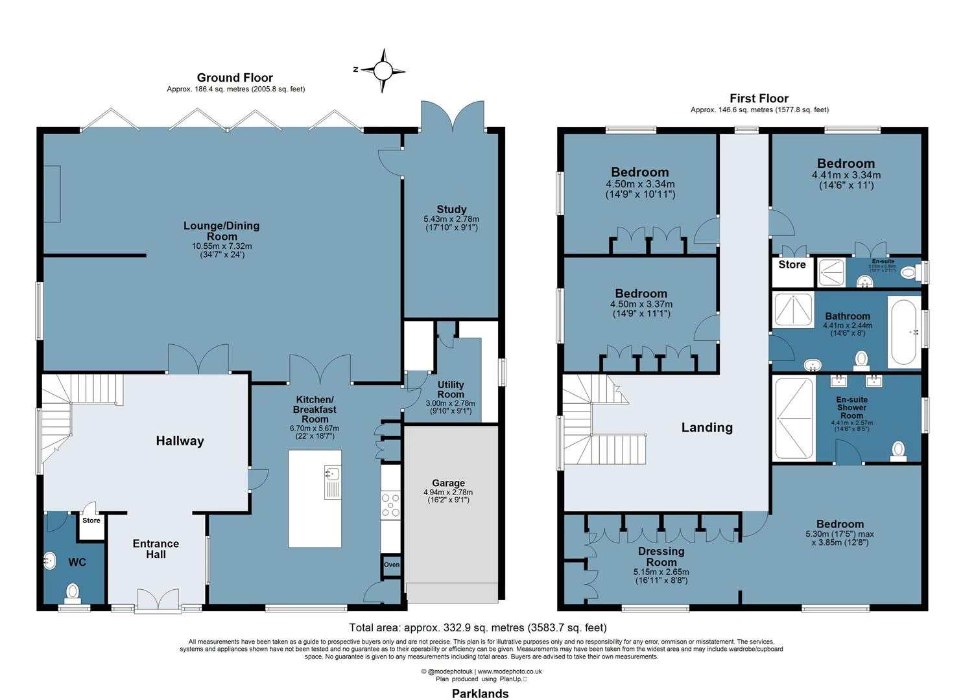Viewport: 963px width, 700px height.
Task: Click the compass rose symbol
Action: (x=383, y=70)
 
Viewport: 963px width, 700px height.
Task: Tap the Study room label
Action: (x=451, y=209)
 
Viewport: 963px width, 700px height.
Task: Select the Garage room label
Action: (x=448, y=483)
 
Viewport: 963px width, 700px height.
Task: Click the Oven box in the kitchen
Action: (x=392, y=565)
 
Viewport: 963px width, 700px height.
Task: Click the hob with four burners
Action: (x=390, y=505)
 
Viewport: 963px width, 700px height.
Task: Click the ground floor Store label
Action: (x=91, y=520)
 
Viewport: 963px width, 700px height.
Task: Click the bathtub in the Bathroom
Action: (x=905, y=332)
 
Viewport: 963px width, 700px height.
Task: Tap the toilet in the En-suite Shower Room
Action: (x=898, y=450)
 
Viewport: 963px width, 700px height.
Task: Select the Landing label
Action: (x=707, y=427)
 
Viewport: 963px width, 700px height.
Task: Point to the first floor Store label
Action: (x=792, y=264)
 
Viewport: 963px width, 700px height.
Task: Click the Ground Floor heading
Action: (x=235, y=78)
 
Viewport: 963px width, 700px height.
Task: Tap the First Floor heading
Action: (x=759, y=99)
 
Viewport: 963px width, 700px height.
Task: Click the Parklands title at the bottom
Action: (x=480, y=694)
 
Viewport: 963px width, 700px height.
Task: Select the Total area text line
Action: (x=478, y=627)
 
